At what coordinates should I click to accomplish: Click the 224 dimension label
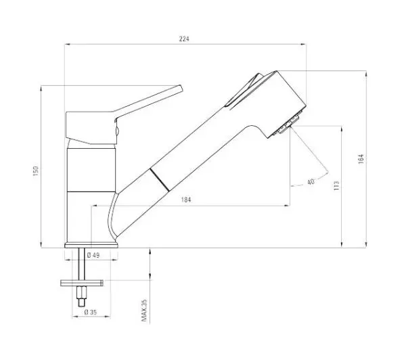pyautogui.click(x=184, y=39)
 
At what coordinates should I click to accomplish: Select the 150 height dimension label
pyautogui.click(x=35, y=171)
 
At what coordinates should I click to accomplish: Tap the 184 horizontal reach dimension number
pyautogui.click(x=186, y=200)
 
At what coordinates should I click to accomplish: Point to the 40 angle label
pyautogui.click(x=311, y=182)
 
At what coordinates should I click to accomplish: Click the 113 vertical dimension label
pyautogui.click(x=336, y=185)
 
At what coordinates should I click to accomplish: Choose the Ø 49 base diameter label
pyautogui.click(x=93, y=255)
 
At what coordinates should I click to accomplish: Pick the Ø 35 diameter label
pyautogui.click(x=91, y=312)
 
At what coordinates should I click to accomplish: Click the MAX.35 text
pyautogui.click(x=144, y=311)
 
